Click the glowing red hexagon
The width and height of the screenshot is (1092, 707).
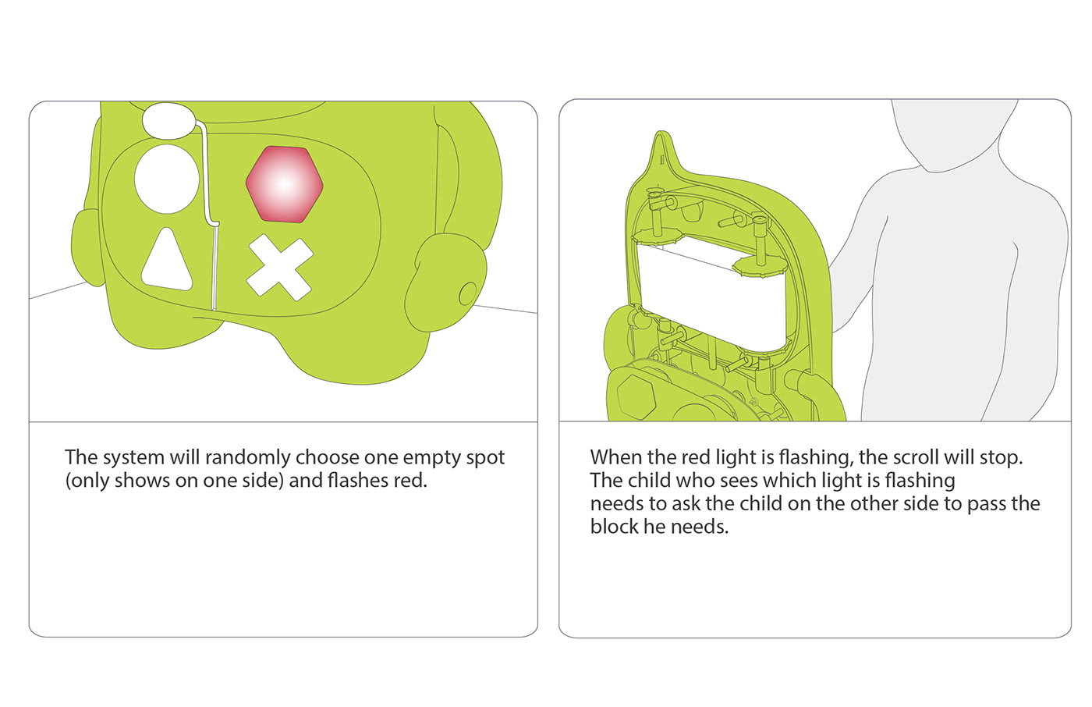[x=284, y=184]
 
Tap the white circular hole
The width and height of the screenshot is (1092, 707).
[x=167, y=179]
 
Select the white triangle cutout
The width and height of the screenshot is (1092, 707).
[x=167, y=260]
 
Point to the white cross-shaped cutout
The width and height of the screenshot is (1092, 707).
[x=280, y=267]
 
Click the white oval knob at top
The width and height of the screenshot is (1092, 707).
[x=167, y=121]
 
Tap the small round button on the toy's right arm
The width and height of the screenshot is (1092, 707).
[x=468, y=293]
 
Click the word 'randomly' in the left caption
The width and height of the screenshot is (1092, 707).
[x=248, y=457]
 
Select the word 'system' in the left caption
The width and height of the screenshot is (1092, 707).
[x=133, y=458]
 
